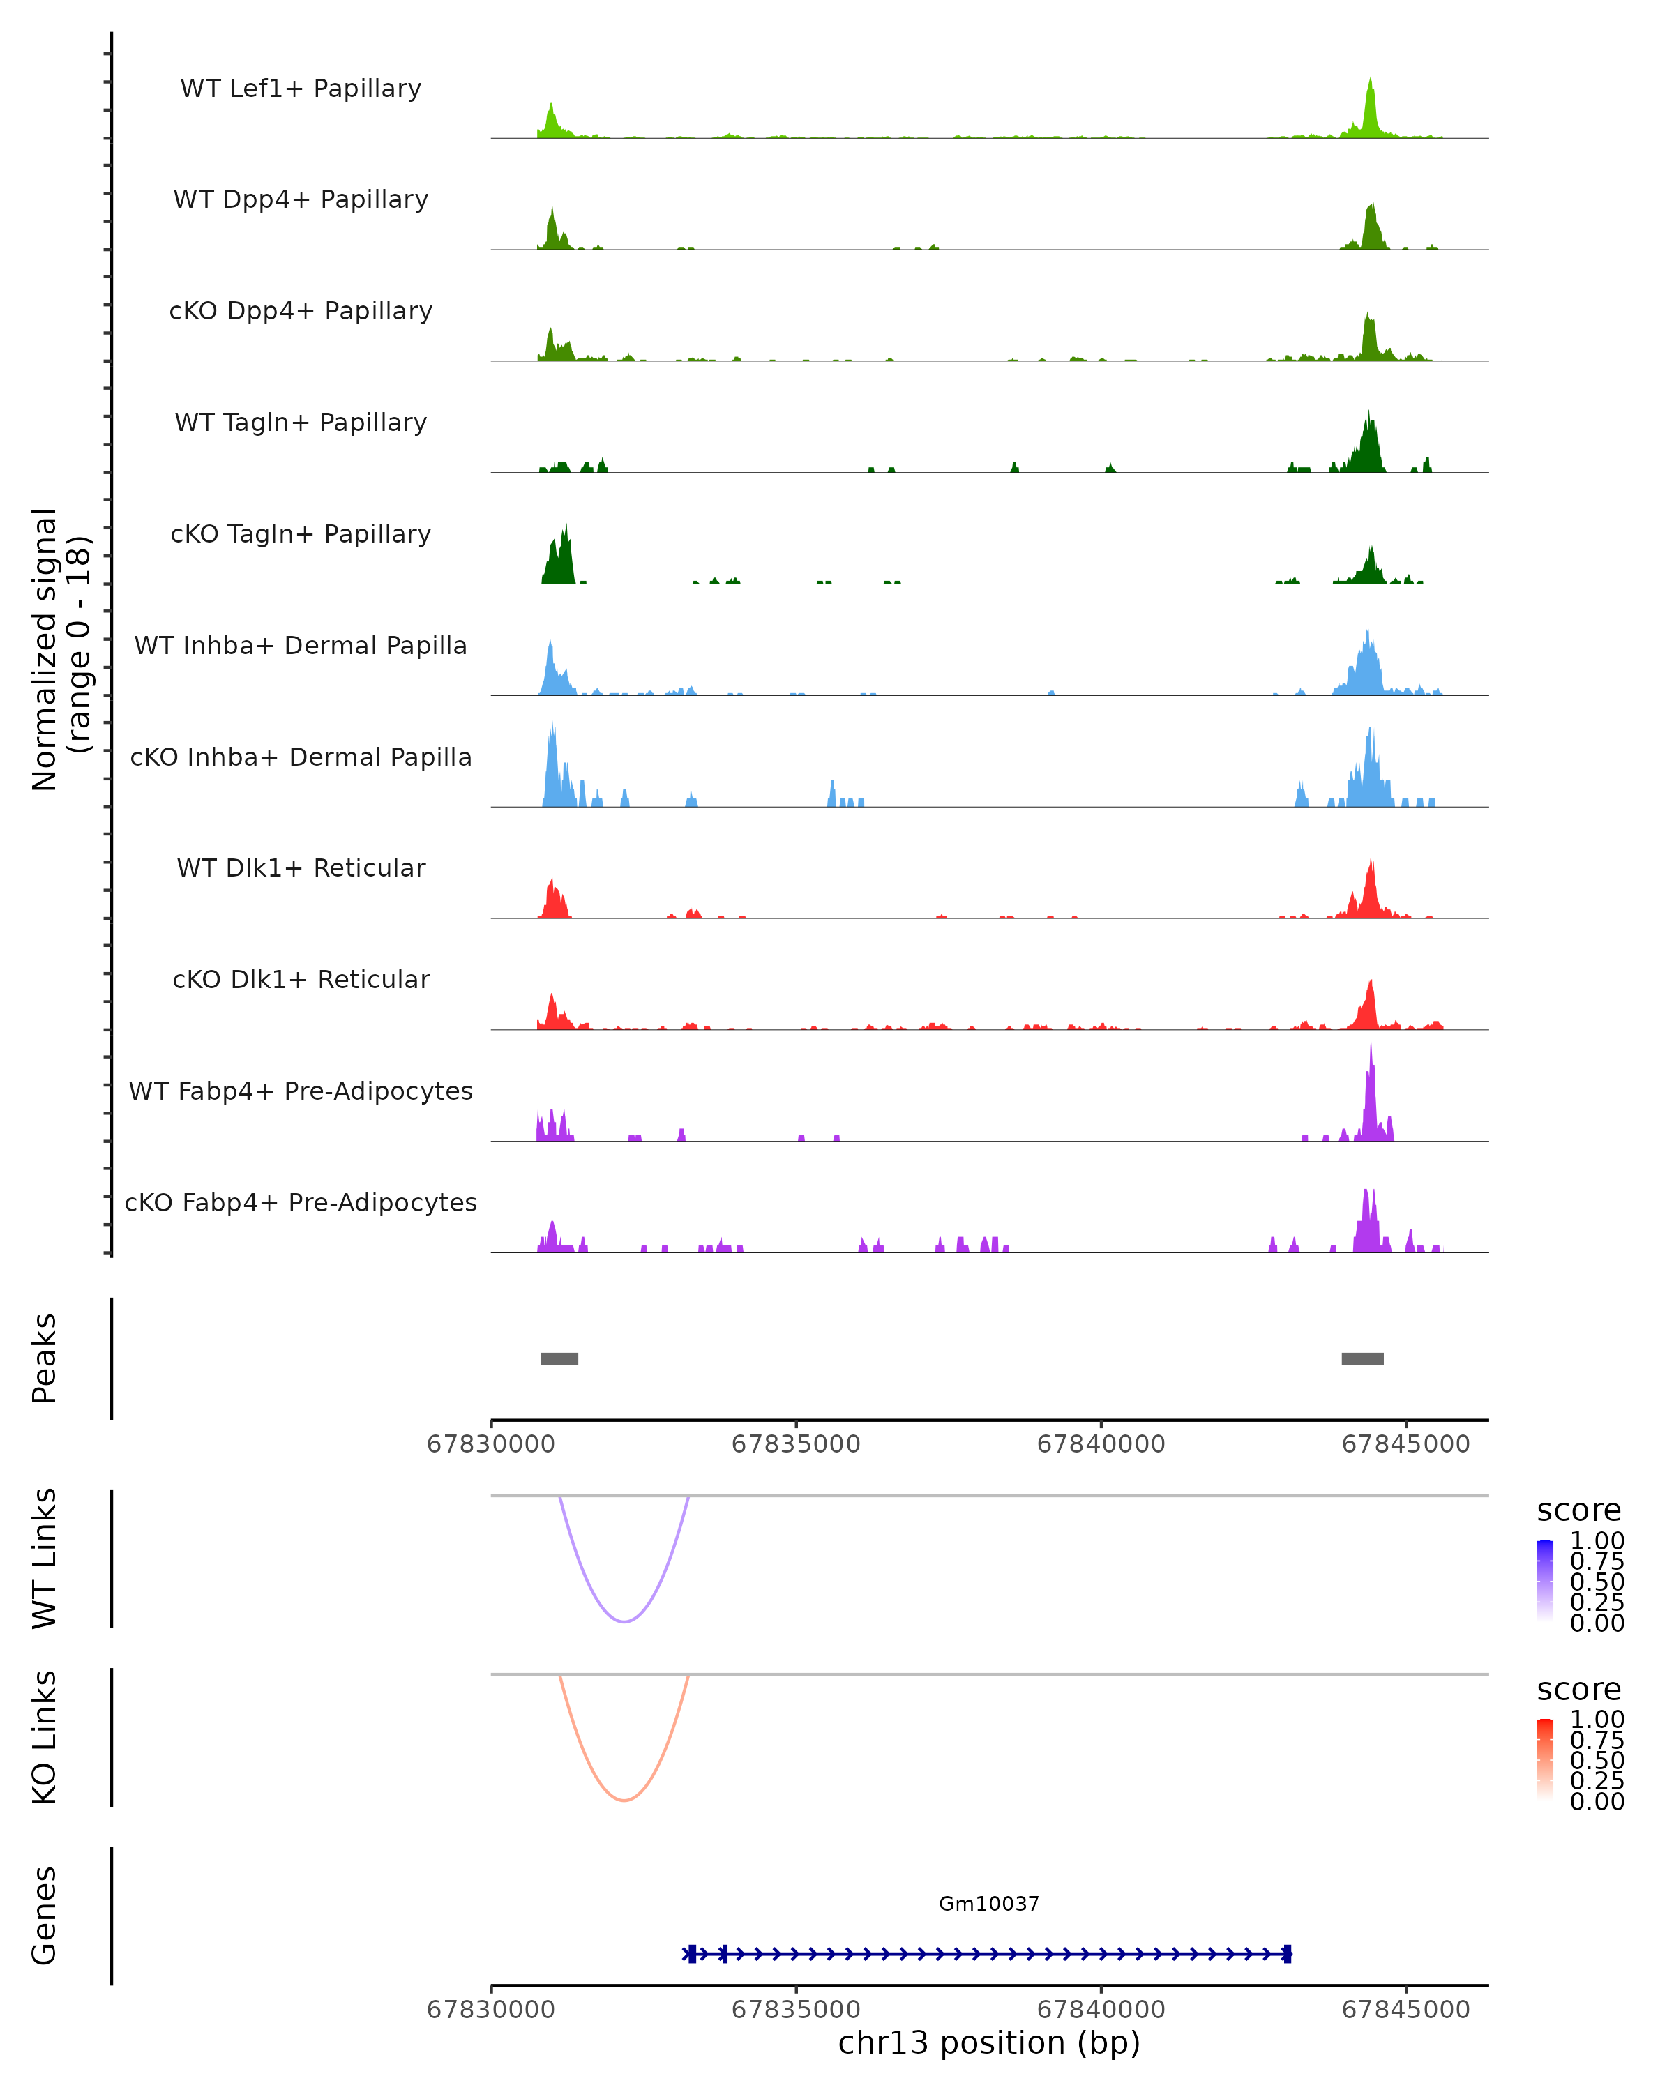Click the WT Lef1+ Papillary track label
click(x=301, y=89)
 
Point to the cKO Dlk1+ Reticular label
click(x=301, y=979)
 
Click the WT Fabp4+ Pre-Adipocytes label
click(x=301, y=1091)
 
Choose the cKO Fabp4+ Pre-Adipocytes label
click(x=301, y=1202)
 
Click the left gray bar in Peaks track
click(x=559, y=1358)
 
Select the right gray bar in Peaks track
click(x=1362, y=1358)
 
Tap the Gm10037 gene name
click(x=989, y=1904)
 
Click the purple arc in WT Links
click(x=624, y=1621)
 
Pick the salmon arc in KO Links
click(x=624, y=1800)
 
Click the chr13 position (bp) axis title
click(x=989, y=2043)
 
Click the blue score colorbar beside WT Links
click(x=1545, y=1579)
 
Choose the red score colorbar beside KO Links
click(x=1545, y=1758)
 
